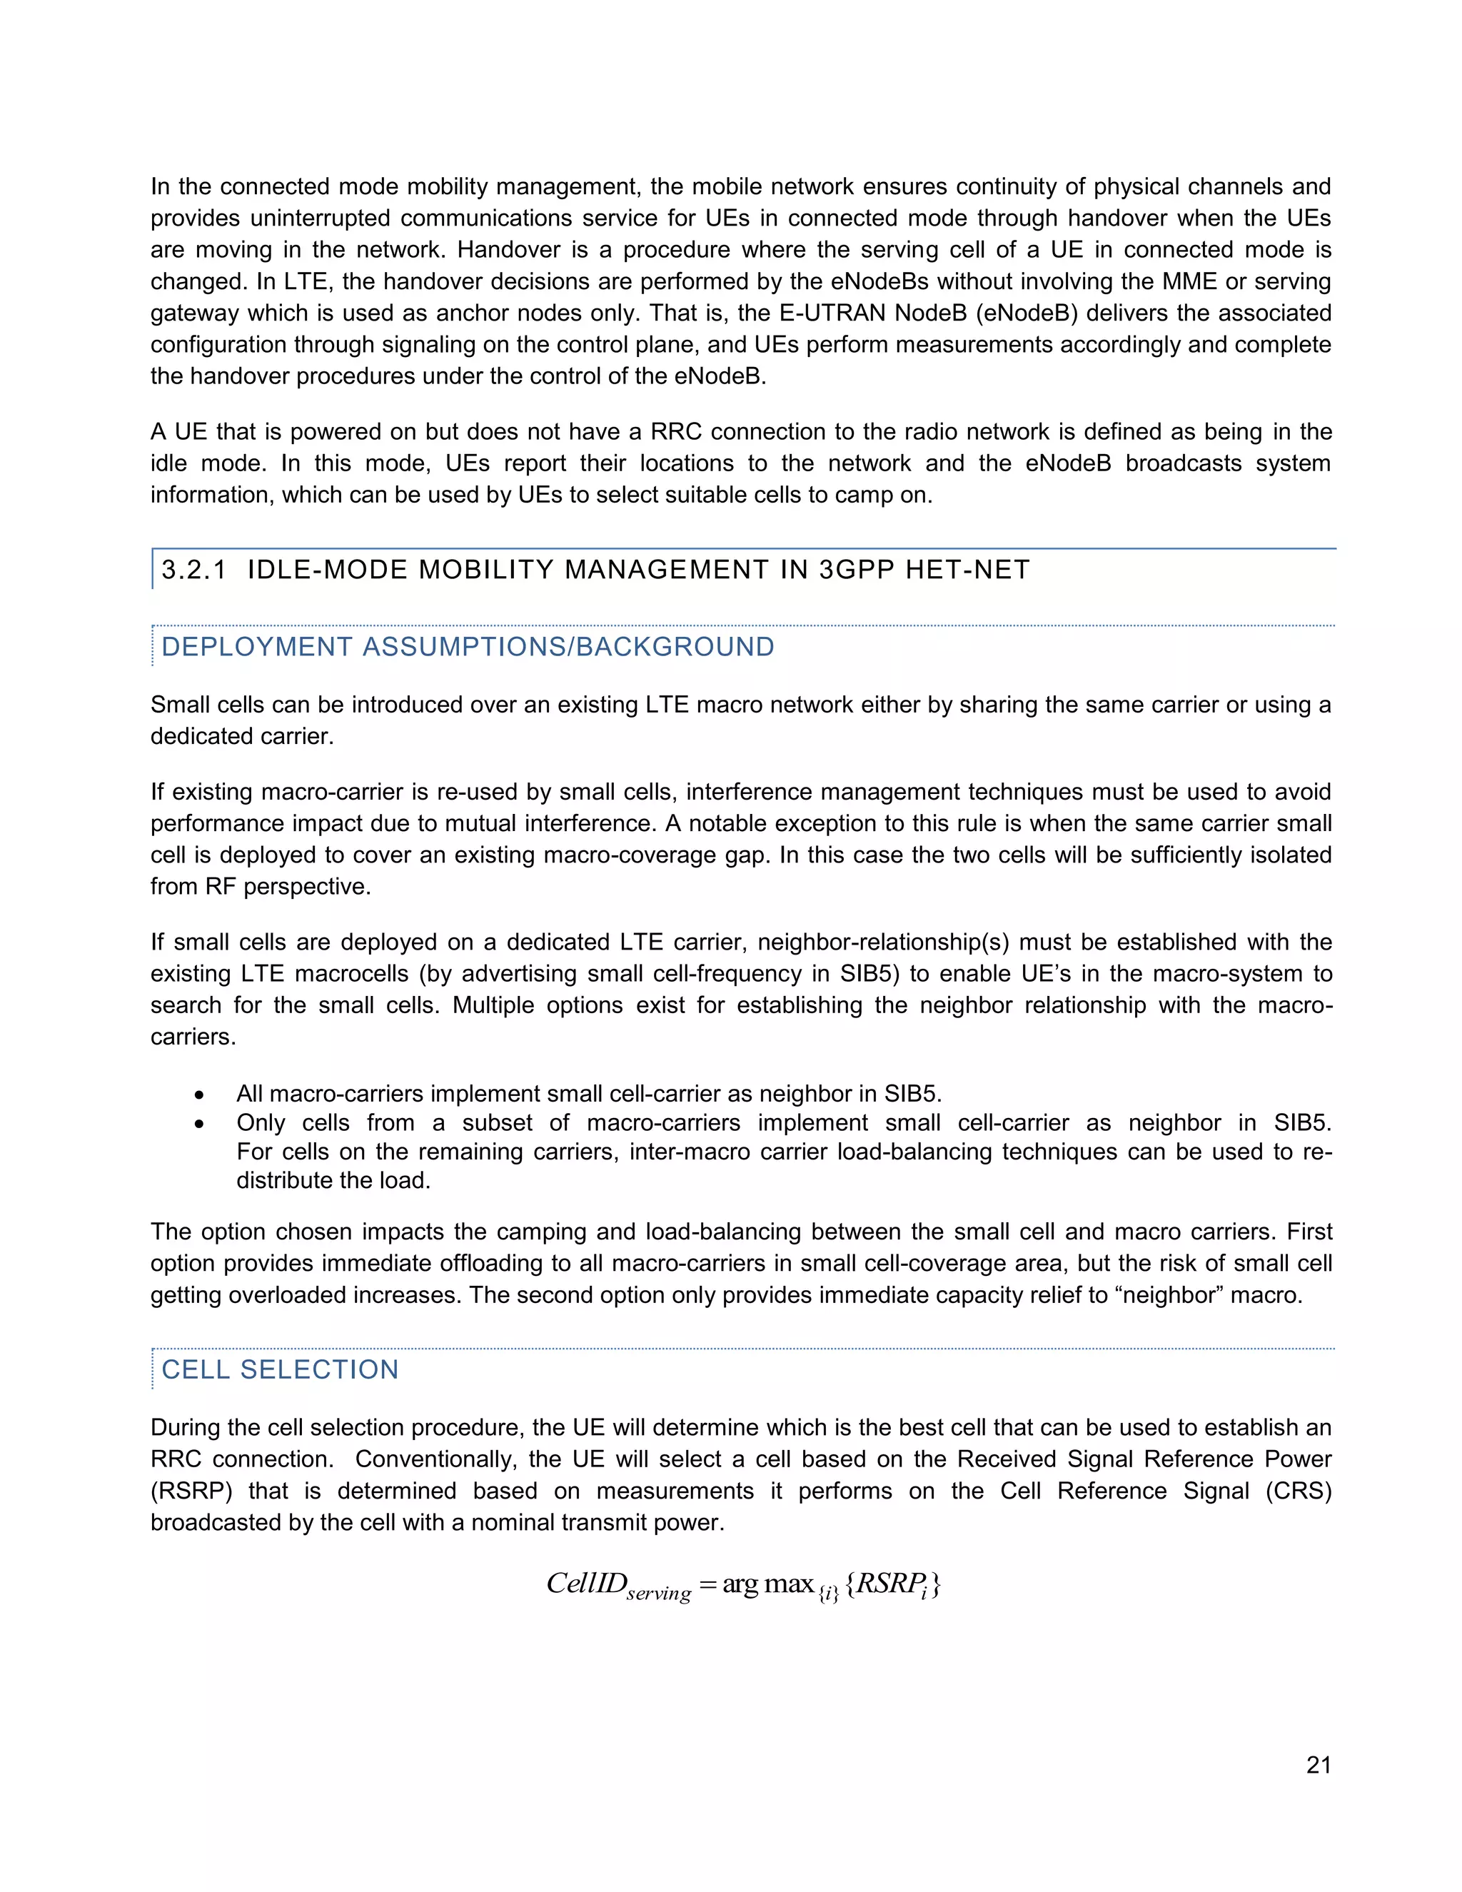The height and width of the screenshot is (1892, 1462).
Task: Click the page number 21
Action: [1319, 1765]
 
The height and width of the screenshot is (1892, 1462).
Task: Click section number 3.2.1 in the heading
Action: [194, 569]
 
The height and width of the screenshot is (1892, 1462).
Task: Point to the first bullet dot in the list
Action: [200, 1095]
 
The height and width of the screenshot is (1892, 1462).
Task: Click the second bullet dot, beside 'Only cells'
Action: [200, 1124]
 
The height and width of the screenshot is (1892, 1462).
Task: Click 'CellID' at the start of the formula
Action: [585, 1584]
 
